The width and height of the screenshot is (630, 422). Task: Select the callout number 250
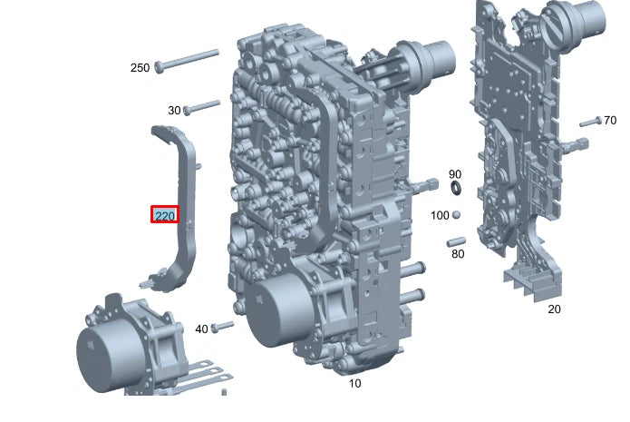(140, 67)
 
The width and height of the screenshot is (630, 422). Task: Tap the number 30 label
(174, 110)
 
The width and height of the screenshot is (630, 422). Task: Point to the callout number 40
(201, 329)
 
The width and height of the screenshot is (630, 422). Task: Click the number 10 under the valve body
(354, 383)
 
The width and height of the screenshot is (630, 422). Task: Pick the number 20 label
(554, 309)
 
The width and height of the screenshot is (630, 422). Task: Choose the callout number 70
(610, 121)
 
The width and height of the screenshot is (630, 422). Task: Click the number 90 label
(455, 174)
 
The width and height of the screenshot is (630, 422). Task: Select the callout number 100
(440, 215)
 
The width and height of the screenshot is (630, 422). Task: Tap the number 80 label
(458, 254)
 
